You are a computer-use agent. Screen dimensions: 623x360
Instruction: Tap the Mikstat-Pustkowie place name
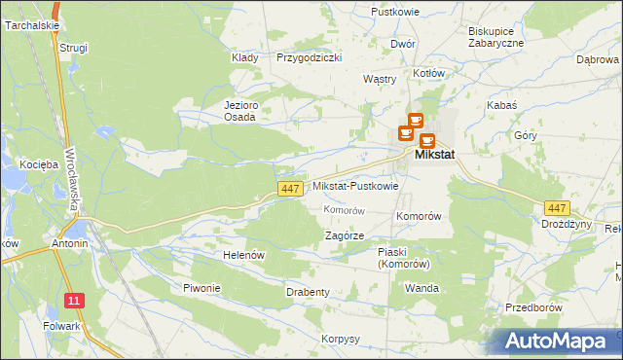pyautogui.click(x=355, y=187)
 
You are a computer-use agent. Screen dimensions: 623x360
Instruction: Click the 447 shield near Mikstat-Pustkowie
pyautogui.click(x=288, y=188)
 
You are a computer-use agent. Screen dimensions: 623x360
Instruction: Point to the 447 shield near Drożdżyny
pyautogui.click(x=557, y=208)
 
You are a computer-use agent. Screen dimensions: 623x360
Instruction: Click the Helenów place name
pyautogui.click(x=244, y=255)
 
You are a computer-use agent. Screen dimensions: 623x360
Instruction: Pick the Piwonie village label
pyautogui.click(x=202, y=288)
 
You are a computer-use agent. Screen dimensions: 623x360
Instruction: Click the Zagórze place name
pyautogui.click(x=344, y=235)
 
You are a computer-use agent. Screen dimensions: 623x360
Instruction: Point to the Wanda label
pyautogui.click(x=422, y=289)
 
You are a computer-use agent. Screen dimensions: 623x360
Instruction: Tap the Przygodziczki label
pyautogui.click(x=309, y=58)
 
